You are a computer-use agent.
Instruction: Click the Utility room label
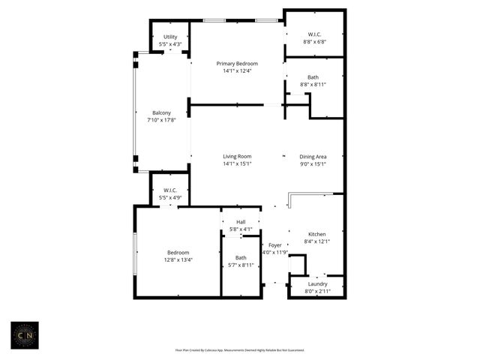[170, 37]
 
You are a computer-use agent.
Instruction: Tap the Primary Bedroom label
[237, 64]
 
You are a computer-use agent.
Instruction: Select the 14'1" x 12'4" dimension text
[237, 71]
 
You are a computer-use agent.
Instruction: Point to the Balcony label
[162, 112]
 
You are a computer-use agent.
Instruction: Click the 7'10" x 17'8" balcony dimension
[162, 120]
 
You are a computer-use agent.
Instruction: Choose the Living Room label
[237, 156]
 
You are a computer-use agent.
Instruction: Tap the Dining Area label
[313, 156]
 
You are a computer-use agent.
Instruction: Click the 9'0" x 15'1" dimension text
[313, 163]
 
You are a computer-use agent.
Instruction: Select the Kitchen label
[316, 234]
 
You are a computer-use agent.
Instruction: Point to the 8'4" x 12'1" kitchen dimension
[316, 241]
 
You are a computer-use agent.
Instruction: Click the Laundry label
[316, 283]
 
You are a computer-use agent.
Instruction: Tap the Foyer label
[274, 245]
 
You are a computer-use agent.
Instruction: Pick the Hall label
[241, 222]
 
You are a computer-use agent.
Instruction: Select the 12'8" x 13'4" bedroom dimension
[178, 260]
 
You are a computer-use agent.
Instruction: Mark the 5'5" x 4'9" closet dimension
[169, 198]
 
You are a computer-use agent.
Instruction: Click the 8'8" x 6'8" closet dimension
[313, 42]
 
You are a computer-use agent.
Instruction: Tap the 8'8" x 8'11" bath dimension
[313, 85]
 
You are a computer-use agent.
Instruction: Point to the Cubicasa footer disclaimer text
[240, 349]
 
